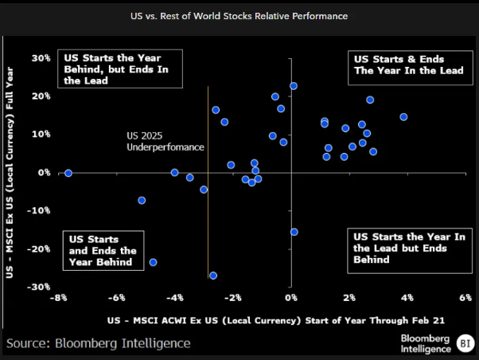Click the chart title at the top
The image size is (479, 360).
[x=240, y=16]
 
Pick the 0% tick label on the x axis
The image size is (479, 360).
[x=291, y=298]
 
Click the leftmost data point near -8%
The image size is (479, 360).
[x=68, y=173]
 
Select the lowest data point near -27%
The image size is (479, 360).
[x=213, y=276]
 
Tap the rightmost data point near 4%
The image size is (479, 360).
[x=403, y=117]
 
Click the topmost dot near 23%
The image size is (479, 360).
[x=294, y=86]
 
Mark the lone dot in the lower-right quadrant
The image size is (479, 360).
[x=294, y=232]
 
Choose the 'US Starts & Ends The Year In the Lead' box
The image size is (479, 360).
[x=409, y=65]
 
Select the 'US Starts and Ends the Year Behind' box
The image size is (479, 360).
[x=99, y=250]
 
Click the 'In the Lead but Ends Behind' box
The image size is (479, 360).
[x=409, y=248]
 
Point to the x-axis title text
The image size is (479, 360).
[x=275, y=320]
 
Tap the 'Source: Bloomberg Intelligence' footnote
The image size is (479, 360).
[x=99, y=343]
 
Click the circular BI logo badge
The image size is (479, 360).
[x=464, y=343]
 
